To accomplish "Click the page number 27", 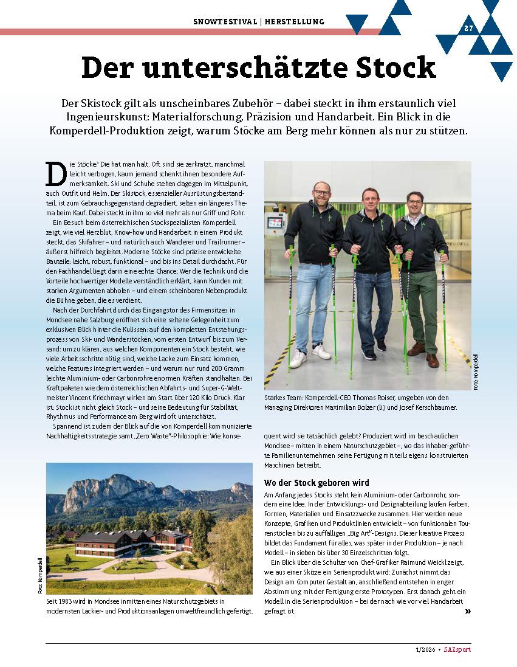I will [468, 29].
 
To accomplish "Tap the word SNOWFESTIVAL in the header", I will [225, 22].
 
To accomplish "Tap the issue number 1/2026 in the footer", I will [421, 649].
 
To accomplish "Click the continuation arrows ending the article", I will [467, 611].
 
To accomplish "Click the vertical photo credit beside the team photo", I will [476, 372].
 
